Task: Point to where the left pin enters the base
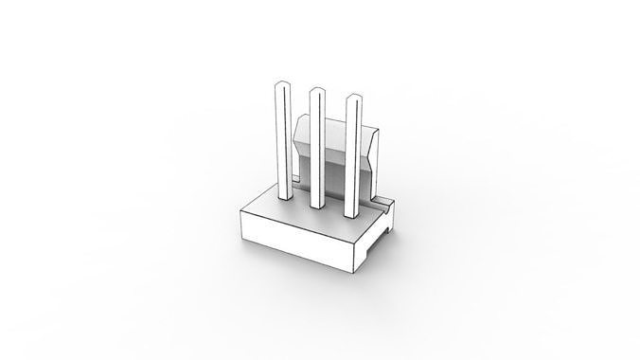pos(282,198)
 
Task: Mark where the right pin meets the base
pos(353,214)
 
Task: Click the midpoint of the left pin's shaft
pos(281,142)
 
